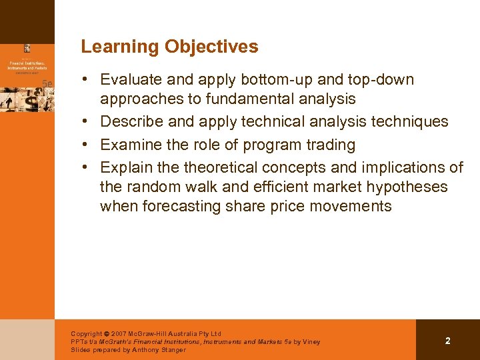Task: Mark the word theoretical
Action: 223,167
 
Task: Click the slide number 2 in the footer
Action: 447,341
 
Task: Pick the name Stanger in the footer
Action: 172,350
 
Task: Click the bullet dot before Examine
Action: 87,145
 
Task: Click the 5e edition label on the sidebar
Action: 47,83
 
